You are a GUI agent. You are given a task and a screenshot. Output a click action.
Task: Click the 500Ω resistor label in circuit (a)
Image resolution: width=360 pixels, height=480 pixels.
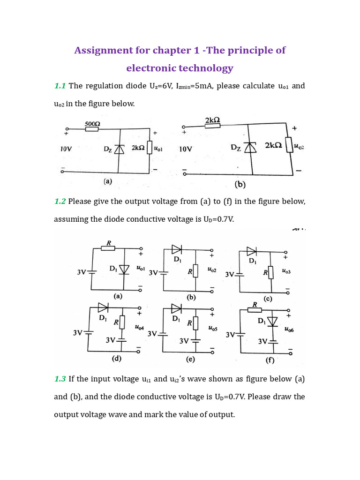[92, 124]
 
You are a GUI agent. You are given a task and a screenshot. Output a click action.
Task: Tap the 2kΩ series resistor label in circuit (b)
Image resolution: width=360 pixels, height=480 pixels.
[213, 121]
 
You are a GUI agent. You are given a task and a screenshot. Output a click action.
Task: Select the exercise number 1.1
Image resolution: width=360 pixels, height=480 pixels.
[60, 86]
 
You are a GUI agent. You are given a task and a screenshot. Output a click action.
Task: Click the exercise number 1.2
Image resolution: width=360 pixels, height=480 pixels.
[60, 201]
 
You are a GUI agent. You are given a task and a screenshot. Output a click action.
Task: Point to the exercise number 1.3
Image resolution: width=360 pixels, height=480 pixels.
[60, 378]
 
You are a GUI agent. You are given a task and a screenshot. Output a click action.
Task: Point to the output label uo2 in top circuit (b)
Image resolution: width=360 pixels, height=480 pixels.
[299, 147]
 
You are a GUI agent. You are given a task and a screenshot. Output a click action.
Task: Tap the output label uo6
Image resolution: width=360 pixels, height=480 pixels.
[289, 330]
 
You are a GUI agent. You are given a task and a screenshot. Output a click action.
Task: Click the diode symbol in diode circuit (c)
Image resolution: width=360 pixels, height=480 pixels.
[252, 251]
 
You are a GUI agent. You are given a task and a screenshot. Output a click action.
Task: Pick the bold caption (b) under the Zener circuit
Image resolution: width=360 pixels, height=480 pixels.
[240, 185]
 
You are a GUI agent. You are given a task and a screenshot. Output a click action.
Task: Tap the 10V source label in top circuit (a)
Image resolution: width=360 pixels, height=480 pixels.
[66, 149]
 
